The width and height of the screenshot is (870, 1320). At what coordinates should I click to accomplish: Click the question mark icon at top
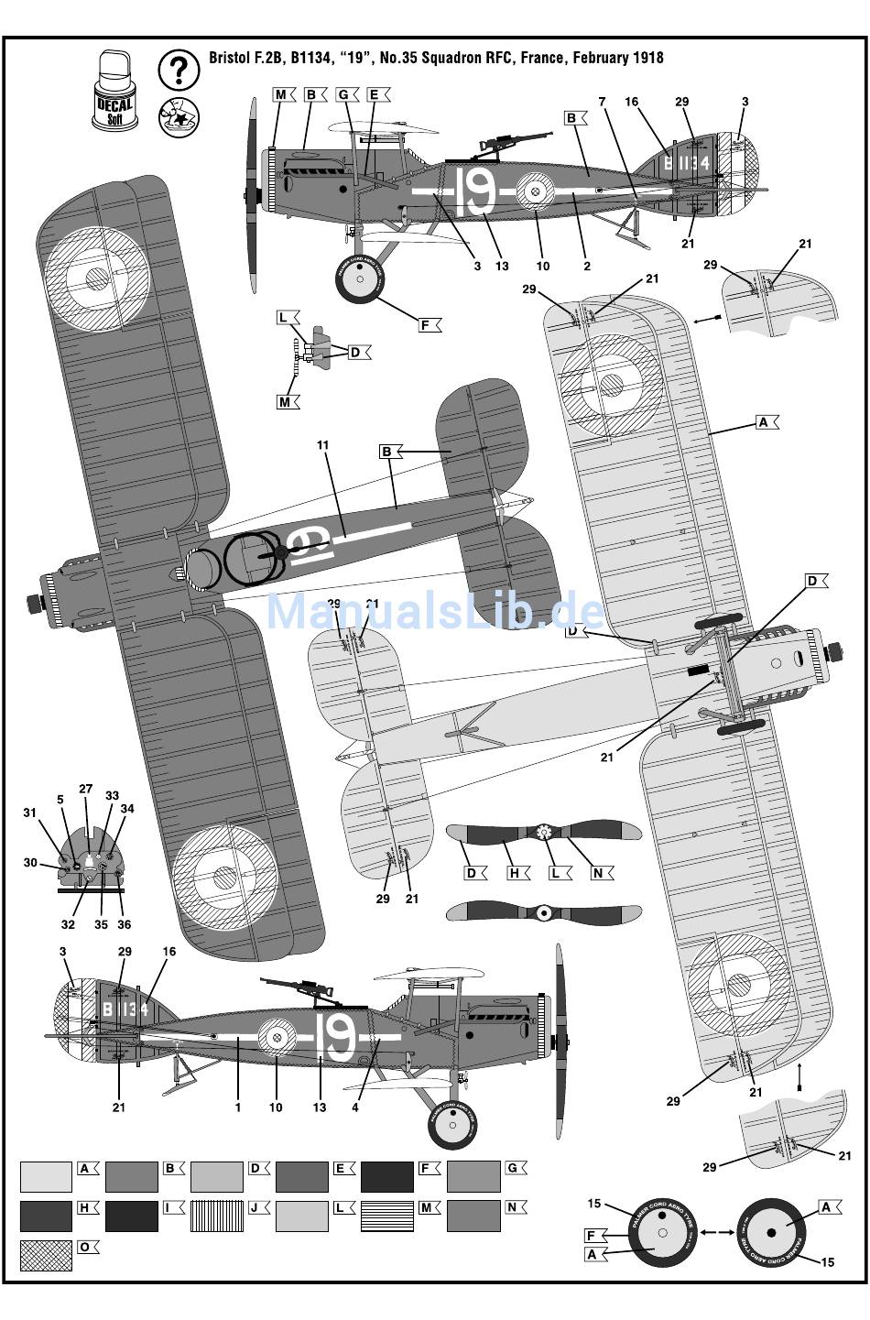pos(179,70)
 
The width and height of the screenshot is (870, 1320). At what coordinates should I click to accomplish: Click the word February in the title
pos(597,58)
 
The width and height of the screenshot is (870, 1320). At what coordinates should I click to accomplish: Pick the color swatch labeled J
pos(216,1216)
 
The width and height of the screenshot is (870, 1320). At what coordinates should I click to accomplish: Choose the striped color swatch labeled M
pos(386,1216)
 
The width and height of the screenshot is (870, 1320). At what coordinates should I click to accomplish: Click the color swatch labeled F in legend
pos(386,1177)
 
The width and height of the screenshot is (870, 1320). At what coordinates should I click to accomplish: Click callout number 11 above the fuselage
pos(322,445)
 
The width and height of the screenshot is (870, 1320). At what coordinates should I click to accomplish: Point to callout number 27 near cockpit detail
pos(86,789)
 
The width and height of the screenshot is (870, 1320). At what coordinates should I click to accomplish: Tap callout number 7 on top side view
pos(603,102)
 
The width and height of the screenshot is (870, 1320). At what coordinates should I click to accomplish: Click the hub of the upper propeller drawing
pos(543,832)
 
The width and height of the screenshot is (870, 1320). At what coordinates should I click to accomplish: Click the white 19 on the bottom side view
pos(336,1036)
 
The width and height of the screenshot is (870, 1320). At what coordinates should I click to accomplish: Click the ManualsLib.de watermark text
pos(435,611)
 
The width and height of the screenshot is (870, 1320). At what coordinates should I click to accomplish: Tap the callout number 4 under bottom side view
pos(355,1107)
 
